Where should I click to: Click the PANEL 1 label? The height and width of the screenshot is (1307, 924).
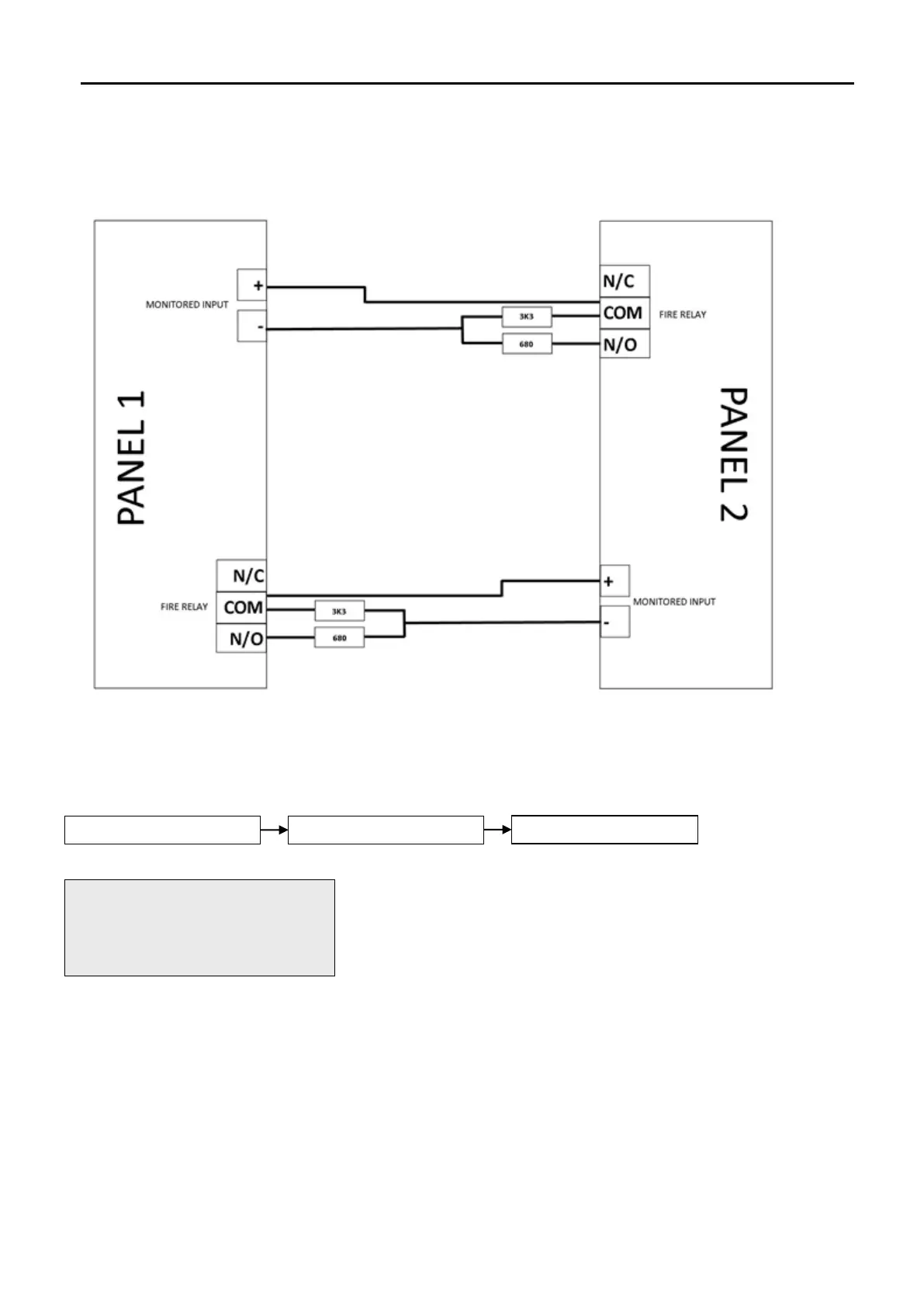[x=132, y=458]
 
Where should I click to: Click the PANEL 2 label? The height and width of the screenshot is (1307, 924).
[x=733, y=455]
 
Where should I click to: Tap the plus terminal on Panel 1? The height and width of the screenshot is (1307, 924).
[x=251, y=286]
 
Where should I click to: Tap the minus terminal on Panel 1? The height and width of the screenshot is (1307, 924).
[x=251, y=327]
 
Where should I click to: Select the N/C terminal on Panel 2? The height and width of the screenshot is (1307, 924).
[x=624, y=281]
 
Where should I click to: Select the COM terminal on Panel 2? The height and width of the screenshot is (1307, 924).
[x=624, y=313]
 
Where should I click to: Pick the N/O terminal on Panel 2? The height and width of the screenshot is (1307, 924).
[x=624, y=344]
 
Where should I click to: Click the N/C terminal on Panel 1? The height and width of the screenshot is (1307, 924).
[x=242, y=576]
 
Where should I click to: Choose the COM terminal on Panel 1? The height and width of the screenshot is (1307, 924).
[x=242, y=607]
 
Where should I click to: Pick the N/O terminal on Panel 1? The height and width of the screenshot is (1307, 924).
[x=242, y=638]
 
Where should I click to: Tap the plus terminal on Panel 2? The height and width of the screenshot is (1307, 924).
[x=614, y=581]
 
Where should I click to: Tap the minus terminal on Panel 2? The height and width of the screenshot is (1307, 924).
[x=614, y=622]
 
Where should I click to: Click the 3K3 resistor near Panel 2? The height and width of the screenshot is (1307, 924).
[x=527, y=317]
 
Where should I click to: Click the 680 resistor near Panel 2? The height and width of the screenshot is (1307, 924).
[x=527, y=344]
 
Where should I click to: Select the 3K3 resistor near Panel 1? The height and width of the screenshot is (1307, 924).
[x=339, y=611]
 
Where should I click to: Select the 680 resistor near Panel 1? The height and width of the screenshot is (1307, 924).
[x=339, y=638]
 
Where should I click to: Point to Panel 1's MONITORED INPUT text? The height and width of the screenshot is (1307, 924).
[x=187, y=305]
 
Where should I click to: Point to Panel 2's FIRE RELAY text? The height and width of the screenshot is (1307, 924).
[x=683, y=314]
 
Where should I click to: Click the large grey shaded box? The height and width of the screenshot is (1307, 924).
[x=199, y=927]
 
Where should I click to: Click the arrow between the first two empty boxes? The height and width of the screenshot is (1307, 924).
[x=274, y=830]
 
